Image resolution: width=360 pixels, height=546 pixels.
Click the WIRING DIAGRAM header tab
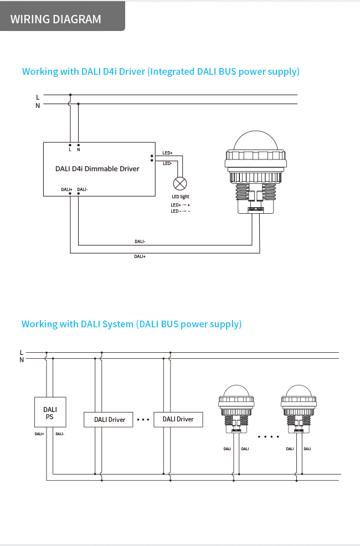coord(56,19)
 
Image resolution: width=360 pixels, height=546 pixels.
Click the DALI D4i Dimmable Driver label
coord(97,168)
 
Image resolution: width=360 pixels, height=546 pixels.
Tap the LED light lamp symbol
coord(181,184)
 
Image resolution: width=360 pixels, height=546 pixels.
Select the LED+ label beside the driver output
coord(167,153)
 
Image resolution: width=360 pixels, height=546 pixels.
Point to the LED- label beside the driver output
coord(167,163)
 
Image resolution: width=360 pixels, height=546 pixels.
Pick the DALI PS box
coord(50,413)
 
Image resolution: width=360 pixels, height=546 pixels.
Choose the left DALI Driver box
coord(109,419)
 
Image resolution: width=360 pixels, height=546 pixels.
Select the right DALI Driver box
coord(178,419)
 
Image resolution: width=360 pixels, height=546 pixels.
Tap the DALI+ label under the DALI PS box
coord(39,434)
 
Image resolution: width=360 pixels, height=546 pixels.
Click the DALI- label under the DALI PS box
coord(60,434)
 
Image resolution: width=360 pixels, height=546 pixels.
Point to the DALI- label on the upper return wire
coord(140,241)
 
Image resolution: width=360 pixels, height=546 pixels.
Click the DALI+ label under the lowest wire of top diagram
coord(140,256)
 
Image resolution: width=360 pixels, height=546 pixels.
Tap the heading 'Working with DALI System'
coord(132,324)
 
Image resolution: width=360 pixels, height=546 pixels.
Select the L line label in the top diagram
coord(38,97)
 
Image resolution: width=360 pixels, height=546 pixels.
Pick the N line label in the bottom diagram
coord(22,359)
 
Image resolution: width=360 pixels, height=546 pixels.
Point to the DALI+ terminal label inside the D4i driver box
coord(66,189)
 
